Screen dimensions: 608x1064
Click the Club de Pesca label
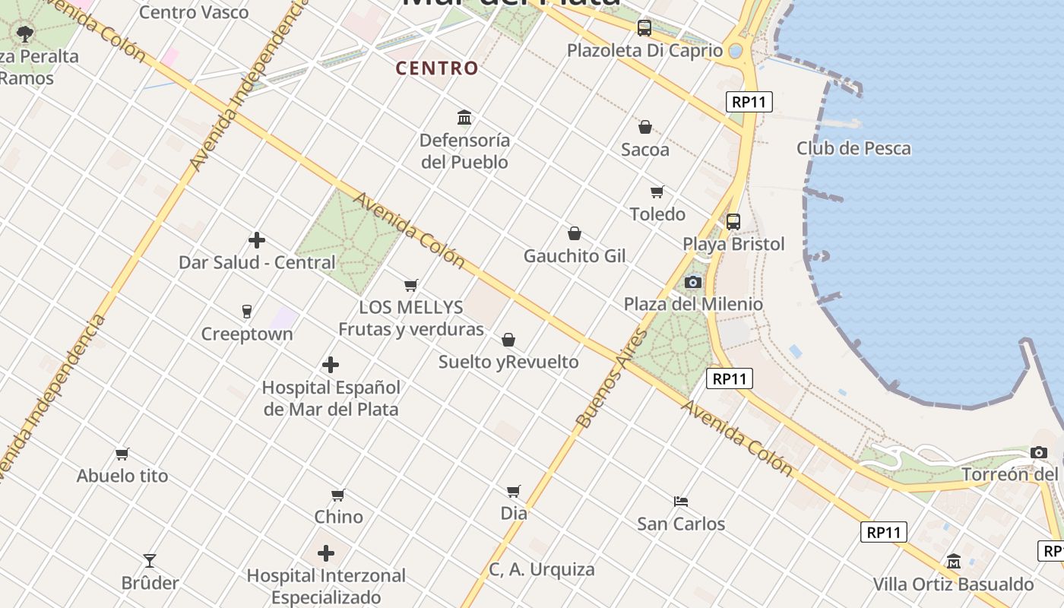pos(853,148)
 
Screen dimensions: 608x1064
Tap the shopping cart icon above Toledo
pos(657,192)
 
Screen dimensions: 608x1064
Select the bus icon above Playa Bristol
pos(733,222)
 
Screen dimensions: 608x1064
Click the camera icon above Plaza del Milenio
pos(692,283)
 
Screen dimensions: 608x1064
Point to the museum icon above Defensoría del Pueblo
pos(464,118)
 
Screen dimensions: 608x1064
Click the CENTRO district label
pos(437,68)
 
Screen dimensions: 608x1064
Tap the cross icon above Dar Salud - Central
pos(257,240)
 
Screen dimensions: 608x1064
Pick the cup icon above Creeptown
pos(246,312)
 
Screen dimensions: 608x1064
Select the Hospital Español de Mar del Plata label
pos(331,397)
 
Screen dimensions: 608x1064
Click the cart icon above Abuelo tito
pos(122,454)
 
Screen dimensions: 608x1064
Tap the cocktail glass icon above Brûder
pos(150,561)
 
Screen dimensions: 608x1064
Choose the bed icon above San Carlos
pos(681,502)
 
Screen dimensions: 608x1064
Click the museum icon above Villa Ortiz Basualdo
pos(953,562)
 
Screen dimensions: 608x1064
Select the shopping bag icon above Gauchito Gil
pos(575,233)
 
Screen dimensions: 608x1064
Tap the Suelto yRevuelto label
pos(508,362)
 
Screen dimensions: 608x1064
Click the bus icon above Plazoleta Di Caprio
pos(644,28)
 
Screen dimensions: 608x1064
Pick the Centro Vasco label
pos(194,12)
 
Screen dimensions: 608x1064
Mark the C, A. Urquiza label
pos(541,569)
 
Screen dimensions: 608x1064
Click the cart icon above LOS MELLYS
pos(411,285)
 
